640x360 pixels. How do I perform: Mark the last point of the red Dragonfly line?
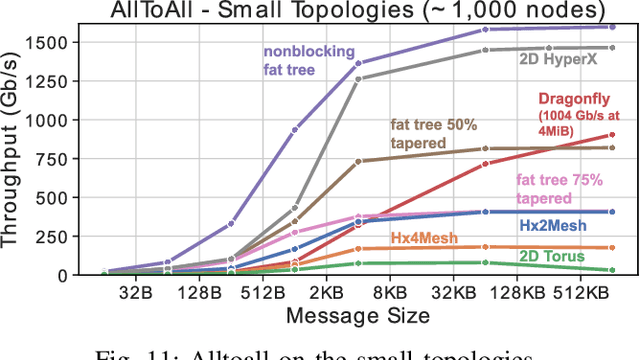[x=612, y=135]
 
